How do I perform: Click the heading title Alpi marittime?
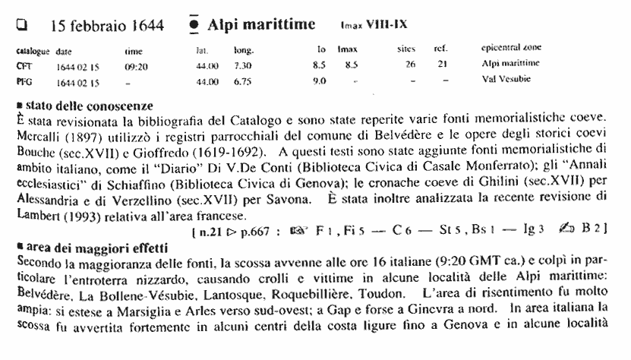[261, 25]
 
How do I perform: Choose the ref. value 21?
[440, 65]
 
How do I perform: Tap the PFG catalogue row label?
[23, 78]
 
